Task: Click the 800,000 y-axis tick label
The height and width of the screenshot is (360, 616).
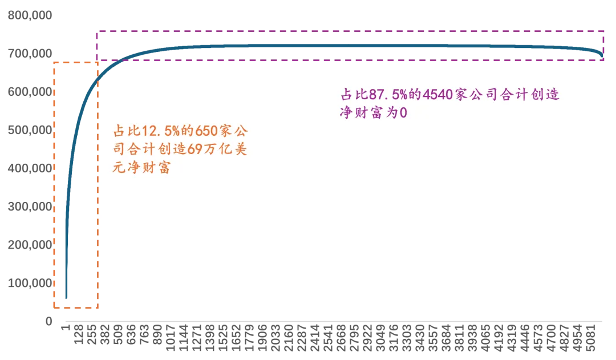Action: point(30,15)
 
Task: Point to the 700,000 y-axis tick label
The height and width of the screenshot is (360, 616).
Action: point(30,54)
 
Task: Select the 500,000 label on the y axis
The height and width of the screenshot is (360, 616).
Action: point(30,130)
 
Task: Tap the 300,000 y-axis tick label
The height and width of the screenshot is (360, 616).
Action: point(30,207)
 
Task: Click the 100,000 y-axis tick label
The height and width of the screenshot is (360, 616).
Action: point(30,283)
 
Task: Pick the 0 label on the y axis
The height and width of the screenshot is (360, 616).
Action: point(48,321)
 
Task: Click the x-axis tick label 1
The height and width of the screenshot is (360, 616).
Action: point(66,327)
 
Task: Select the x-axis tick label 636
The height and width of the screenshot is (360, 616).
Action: point(131,334)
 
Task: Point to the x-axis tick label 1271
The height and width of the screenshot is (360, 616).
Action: point(197,338)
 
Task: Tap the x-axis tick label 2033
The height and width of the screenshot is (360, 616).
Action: point(275,338)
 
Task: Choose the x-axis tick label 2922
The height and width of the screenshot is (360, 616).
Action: point(367,338)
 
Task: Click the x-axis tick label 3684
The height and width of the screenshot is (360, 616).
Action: point(446,338)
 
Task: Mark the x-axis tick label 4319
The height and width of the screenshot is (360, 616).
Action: point(512,338)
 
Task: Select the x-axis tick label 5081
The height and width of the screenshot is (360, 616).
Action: point(590,338)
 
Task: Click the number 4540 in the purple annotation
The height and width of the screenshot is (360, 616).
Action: point(437,95)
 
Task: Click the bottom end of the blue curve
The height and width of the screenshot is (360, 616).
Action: point(66,297)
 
